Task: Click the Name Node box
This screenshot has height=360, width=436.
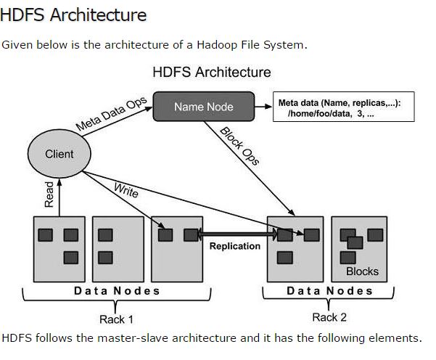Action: click(x=204, y=107)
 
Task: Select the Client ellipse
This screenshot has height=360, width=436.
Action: click(x=59, y=154)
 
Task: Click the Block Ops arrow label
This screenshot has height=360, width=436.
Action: click(x=240, y=145)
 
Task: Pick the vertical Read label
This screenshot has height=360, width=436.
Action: click(x=49, y=194)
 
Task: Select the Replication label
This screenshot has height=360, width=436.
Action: click(x=234, y=246)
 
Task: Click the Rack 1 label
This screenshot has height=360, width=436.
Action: click(x=116, y=319)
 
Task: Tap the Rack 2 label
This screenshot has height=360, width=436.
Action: click(x=329, y=317)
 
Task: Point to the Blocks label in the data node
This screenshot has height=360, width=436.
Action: click(x=362, y=271)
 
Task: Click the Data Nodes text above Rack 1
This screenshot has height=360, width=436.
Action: click(x=117, y=291)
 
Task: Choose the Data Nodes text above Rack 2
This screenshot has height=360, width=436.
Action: click(x=329, y=291)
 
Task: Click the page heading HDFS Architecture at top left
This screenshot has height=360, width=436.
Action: click(x=73, y=14)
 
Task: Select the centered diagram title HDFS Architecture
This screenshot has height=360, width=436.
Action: click(x=212, y=72)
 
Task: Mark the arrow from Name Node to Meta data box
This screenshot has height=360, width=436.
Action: click(x=263, y=107)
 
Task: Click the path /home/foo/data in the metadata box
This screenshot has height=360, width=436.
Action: click(x=312, y=114)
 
